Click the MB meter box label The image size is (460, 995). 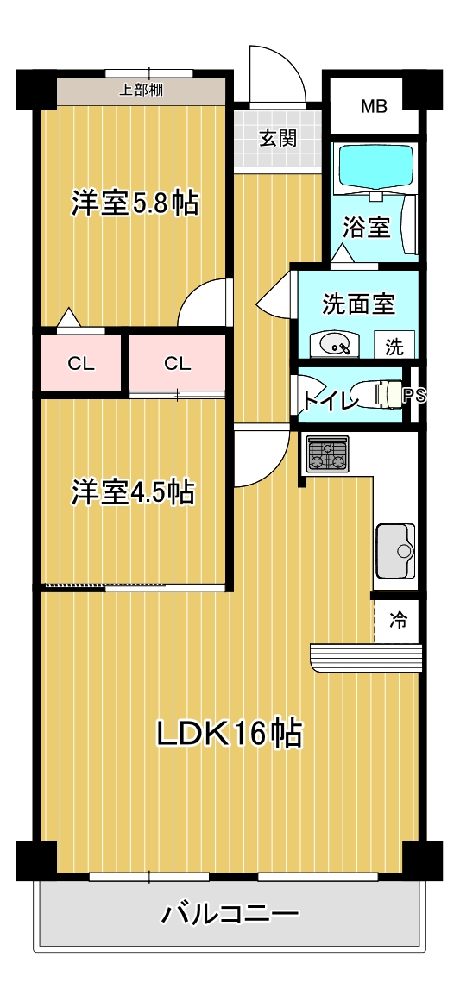[x=374, y=107]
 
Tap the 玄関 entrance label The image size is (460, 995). [x=278, y=138]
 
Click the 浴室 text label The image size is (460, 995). [x=367, y=228]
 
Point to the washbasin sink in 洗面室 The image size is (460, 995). [x=335, y=345]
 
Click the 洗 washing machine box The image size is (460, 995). [x=394, y=347]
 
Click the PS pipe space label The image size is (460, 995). [x=413, y=396]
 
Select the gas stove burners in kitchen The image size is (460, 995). [x=328, y=454]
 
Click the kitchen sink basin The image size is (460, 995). [x=396, y=550]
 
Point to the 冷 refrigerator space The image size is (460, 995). [x=398, y=620]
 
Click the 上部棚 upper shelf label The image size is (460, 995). [x=142, y=89]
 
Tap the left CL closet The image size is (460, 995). [x=81, y=363]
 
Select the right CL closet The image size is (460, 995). [x=177, y=363]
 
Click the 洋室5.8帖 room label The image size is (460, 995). [x=135, y=204]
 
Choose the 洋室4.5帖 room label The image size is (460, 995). [x=132, y=491]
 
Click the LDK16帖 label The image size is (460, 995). [x=229, y=733]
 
